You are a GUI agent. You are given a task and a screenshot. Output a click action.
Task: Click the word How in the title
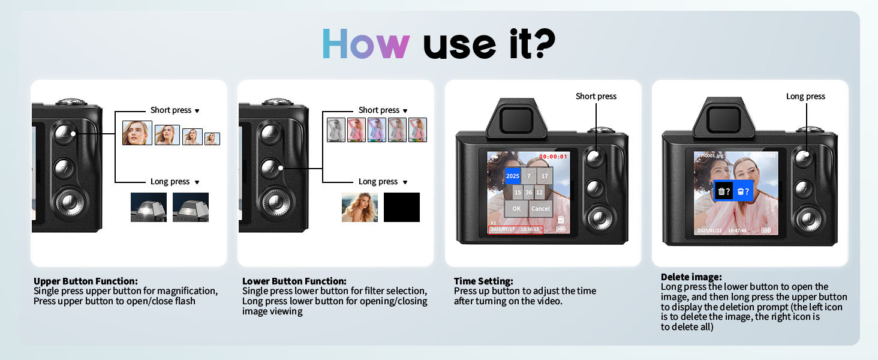(x=365, y=43)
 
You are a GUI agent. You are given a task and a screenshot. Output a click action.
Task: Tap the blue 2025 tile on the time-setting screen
(x=512, y=176)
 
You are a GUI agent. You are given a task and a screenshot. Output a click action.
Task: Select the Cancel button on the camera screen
(x=540, y=209)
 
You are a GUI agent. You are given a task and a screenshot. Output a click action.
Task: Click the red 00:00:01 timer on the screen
(x=552, y=157)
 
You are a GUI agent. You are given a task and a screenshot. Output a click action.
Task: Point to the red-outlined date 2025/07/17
(x=503, y=229)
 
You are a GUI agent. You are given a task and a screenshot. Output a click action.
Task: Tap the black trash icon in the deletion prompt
(x=724, y=191)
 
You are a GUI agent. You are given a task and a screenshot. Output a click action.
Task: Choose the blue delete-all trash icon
(x=743, y=191)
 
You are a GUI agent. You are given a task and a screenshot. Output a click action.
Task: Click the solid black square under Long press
(x=402, y=207)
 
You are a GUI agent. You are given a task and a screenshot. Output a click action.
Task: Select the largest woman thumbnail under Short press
(x=137, y=133)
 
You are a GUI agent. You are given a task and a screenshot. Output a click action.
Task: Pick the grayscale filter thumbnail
(x=336, y=130)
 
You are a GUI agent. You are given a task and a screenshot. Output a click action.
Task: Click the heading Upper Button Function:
(x=86, y=281)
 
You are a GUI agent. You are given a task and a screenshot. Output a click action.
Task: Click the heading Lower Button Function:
(x=294, y=281)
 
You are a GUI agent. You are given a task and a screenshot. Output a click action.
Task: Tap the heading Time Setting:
(x=483, y=281)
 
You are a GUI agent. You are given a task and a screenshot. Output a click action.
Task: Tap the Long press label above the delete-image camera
(x=805, y=96)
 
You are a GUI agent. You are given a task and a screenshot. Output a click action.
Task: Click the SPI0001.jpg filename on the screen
(x=710, y=155)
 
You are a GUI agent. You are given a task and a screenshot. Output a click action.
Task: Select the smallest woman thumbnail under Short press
(x=212, y=139)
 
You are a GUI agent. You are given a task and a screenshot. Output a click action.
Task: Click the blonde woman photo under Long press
(x=360, y=207)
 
